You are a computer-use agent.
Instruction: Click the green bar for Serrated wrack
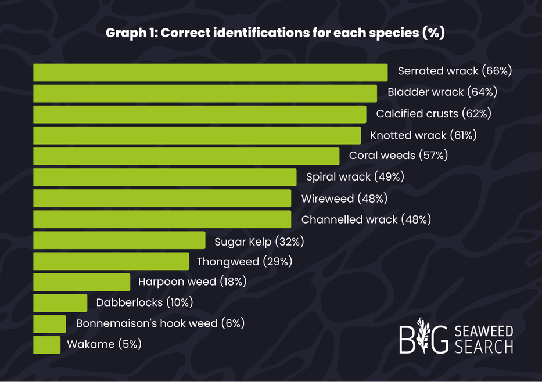click(210, 73)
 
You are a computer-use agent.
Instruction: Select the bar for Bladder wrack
click(205, 93)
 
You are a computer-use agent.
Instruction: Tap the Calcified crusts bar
click(200, 114)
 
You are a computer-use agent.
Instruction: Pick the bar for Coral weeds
click(186, 156)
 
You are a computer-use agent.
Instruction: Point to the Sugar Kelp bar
click(119, 240)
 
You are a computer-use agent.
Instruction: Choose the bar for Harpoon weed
click(81, 282)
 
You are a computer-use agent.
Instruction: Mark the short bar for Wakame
click(46, 345)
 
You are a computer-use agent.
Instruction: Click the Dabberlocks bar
click(60, 303)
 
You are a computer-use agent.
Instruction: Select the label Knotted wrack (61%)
click(423, 135)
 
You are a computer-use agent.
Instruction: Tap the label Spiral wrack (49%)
click(354, 177)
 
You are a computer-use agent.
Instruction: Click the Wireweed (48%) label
click(344, 199)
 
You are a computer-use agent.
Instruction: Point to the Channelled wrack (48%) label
click(366, 219)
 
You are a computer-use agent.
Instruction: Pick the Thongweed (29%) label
click(244, 261)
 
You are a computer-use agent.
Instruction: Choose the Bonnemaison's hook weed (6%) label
click(160, 323)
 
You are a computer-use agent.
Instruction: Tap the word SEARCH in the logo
click(484, 347)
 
